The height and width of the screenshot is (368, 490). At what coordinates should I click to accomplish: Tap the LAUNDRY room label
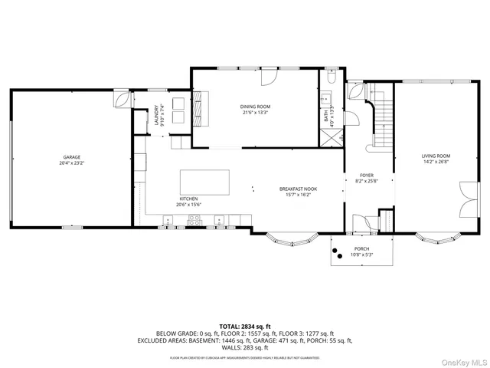pyautogui.click(x=156, y=115)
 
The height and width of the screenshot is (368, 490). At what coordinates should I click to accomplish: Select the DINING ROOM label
pyautogui.click(x=256, y=107)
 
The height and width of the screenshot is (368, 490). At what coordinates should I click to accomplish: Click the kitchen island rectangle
pyautogui.click(x=204, y=182)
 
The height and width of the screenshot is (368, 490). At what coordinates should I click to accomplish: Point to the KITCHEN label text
pyautogui.click(x=188, y=199)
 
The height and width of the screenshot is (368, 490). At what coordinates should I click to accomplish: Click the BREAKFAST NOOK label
pyautogui.click(x=298, y=189)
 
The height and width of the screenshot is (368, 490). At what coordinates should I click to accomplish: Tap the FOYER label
pyautogui.click(x=366, y=176)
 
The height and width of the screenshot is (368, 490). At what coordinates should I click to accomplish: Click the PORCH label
pyautogui.click(x=361, y=249)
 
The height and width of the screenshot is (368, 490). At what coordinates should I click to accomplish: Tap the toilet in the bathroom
pyautogui.click(x=329, y=77)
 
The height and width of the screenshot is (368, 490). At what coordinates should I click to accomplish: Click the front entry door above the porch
pyautogui.click(x=366, y=223)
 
